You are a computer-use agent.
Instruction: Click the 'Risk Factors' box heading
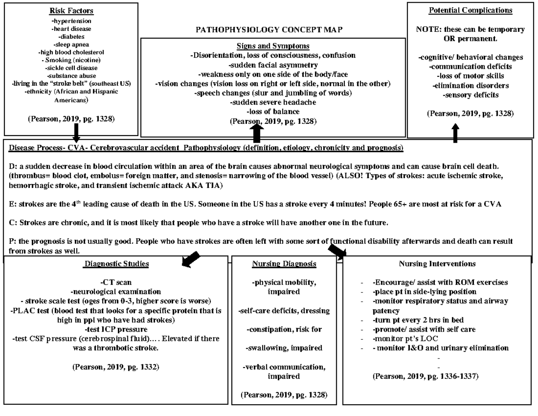point(70,10)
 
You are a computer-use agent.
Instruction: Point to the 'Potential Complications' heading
point(470,10)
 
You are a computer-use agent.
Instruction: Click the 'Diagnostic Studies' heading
point(117,264)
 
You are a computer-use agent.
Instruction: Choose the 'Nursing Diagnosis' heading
point(284,264)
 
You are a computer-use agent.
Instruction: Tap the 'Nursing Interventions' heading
point(437,263)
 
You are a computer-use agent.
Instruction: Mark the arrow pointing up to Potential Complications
point(456,133)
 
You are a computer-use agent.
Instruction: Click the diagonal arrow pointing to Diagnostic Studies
point(190,258)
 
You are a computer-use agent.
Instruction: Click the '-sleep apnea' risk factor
point(70,44)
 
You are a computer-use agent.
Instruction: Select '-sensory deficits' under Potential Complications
point(470,95)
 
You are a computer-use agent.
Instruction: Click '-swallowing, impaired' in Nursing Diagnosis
point(284,348)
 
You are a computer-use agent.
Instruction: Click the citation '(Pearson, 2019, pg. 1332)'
point(116,367)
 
